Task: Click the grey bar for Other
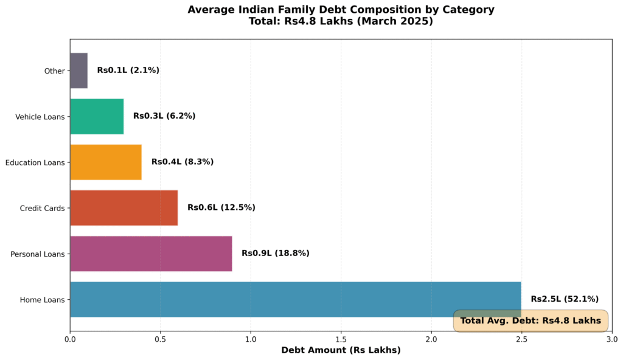pyautogui.click(x=79, y=71)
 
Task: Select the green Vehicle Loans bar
pyautogui.click(x=97, y=116)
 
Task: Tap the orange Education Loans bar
pyautogui.click(x=106, y=162)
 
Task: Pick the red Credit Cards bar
pyautogui.click(x=124, y=207)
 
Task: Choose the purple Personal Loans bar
pyautogui.click(x=151, y=253)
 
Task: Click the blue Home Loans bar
pyautogui.click(x=295, y=299)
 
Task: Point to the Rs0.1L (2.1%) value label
pyautogui.click(x=128, y=71)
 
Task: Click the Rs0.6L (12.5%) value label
pyautogui.click(x=221, y=207)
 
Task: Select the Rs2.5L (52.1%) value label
pyautogui.click(x=564, y=299)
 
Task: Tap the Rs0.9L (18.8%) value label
pyautogui.click(x=275, y=253)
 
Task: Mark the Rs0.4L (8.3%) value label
pyautogui.click(x=182, y=162)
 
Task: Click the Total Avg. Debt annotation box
pyautogui.click(x=530, y=320)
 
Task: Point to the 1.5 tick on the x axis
pyautogui.click(x=341, y=339)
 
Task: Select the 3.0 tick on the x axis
pyautogui.click(x=611, y=339)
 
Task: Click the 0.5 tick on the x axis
pyautogui.click(x=160, y=339)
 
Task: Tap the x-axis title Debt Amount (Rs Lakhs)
pyautogui.click(x=341, y=350)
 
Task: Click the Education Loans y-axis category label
pyautogui.click(x=35, y=162)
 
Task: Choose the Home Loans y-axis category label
pyautogui.click(x=42, y=300)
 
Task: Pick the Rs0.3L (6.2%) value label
pyautogui.click(x=164, y=116)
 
